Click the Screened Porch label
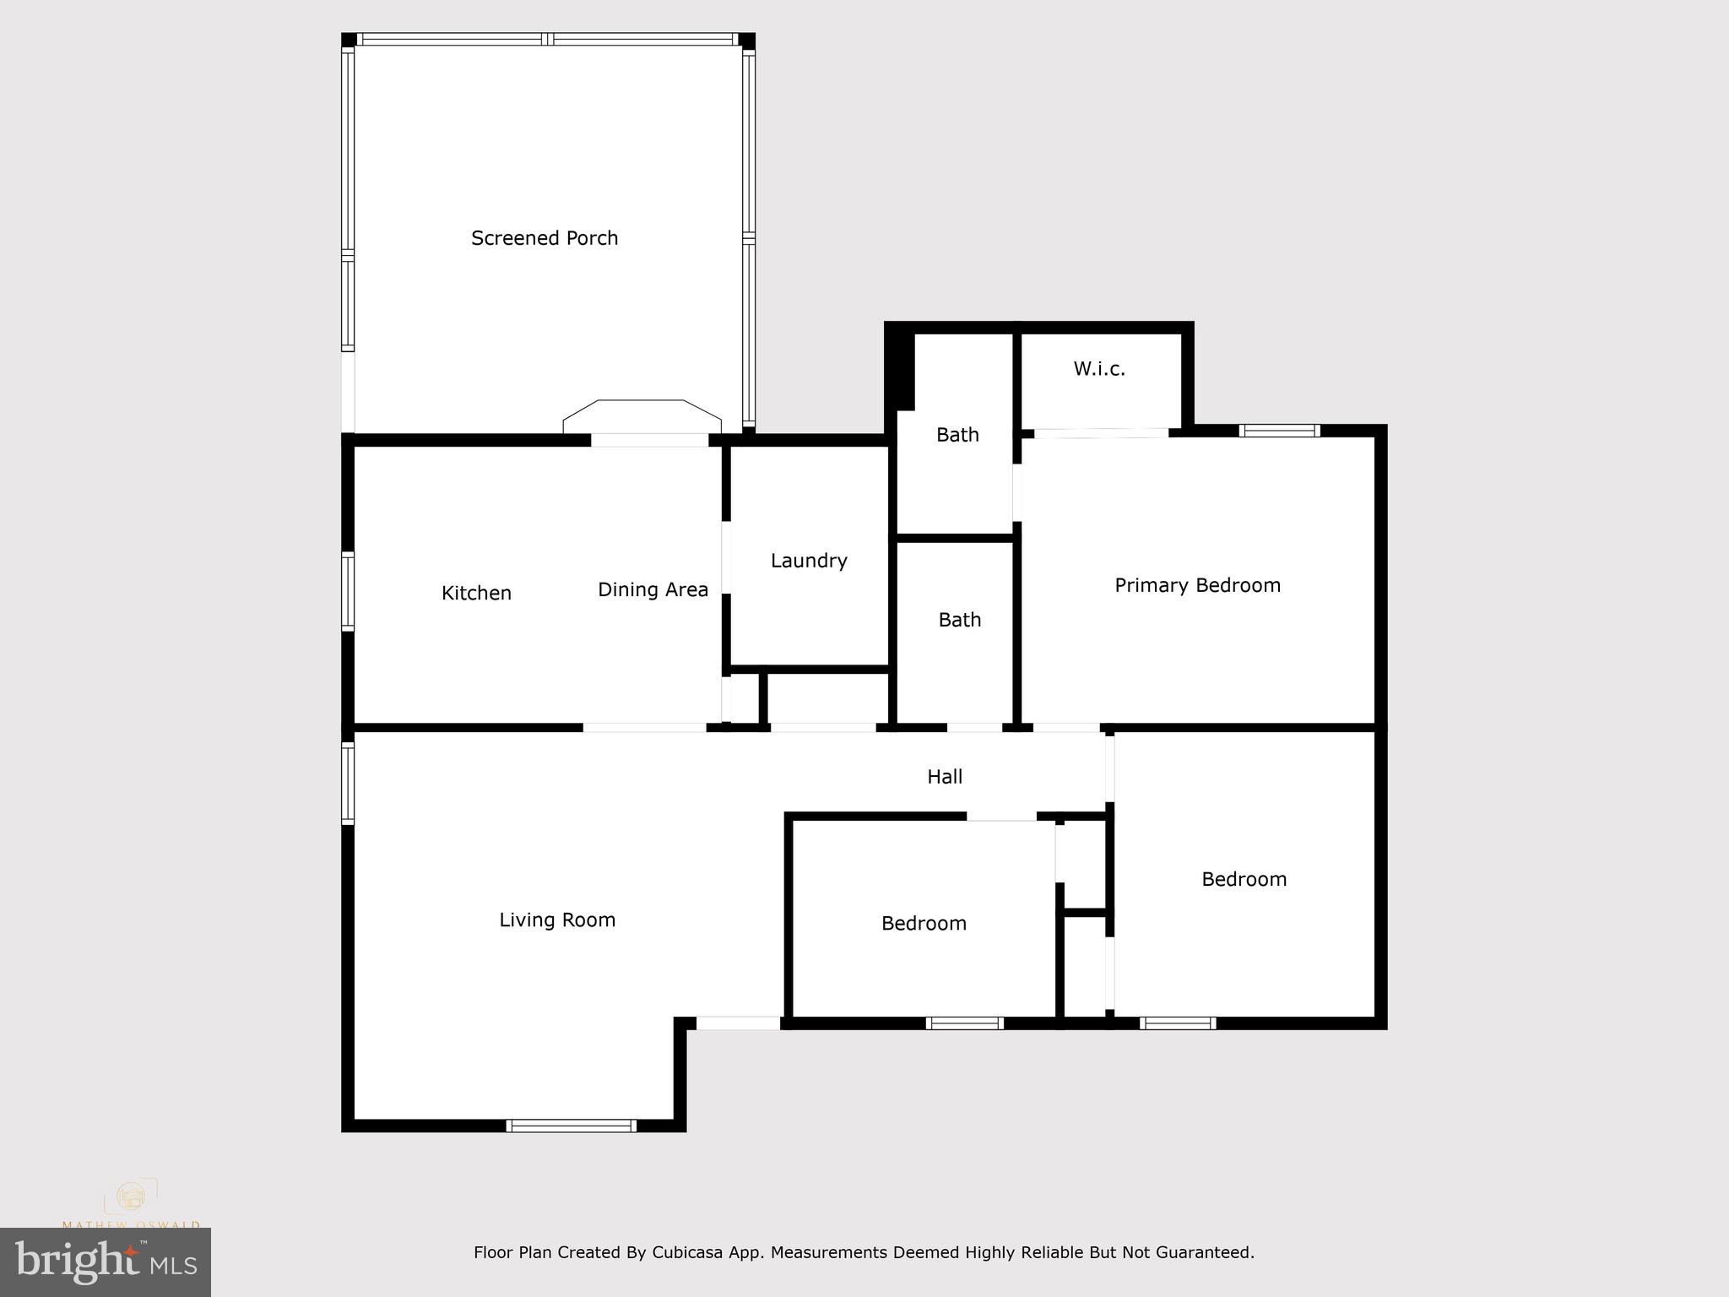click(x=545, y=239)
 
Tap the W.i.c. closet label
click(x=1099, y=369)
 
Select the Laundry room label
click(x=809, y=561)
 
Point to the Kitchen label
click(x=476, y=594)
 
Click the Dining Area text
click(x=653, y=589)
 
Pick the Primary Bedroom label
click(x=1197, y=585)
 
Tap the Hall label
click(x=945, y=777)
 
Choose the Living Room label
click(x=557, y=920)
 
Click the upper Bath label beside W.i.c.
click(x=957, y=435)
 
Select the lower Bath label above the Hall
click(x=960, y=620)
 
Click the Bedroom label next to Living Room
click(x=924, y=924)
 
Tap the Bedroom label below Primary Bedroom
click(x=1244, y=879)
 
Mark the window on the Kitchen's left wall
click(x=347, y=591)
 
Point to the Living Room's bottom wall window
click(x=571, y=1126)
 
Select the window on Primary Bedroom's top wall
click(x=1279, y=431)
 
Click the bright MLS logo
click(x=106, y=1262)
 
